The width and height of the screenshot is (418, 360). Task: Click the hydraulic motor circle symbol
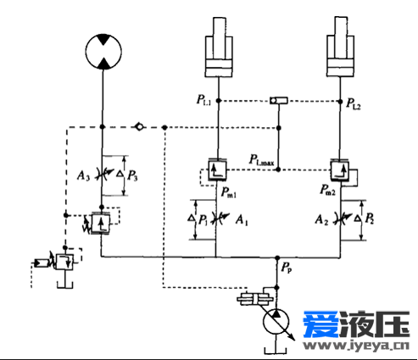pos(103,52)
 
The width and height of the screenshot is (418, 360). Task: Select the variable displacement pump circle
pos(276,322)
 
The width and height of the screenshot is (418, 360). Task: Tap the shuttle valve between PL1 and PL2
pos(279,100)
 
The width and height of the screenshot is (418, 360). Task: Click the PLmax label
pos(261,159)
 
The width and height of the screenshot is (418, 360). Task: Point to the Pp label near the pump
pos(287,267)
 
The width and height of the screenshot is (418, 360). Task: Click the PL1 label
pos(203,100)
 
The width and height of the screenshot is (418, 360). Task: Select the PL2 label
pos(354,103)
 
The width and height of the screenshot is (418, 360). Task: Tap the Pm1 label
pos(228,192)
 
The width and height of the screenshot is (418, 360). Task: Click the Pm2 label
pos(327,190)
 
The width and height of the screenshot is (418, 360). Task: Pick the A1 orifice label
pos(242,220)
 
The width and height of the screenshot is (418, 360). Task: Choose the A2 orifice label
pos(321,219)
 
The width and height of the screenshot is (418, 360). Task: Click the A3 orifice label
pos(83,175)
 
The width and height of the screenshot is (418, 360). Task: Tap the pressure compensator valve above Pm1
pos(217,169)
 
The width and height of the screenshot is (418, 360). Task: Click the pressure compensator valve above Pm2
pos(340,170)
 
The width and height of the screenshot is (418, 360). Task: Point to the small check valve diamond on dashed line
pos(139,127)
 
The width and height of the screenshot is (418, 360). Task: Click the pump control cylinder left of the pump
pos(255,299)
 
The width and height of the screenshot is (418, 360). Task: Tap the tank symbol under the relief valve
pos(65,285)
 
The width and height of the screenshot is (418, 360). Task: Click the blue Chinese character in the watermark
pos(321,324)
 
